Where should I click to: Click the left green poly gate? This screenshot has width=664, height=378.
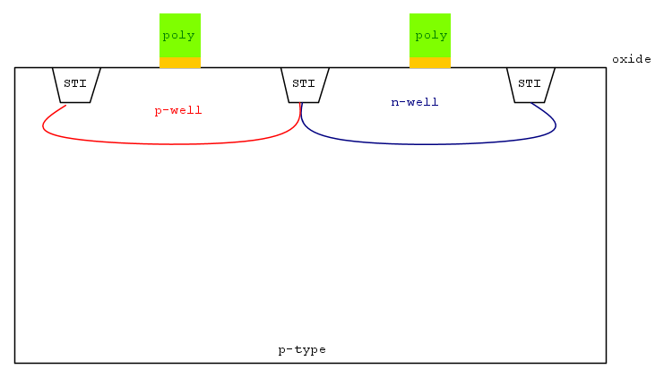click(x=180, y=35)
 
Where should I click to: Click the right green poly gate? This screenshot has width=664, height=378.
click(x=430, y=35)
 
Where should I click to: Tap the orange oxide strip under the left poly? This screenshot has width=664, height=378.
click(x=180, y=62)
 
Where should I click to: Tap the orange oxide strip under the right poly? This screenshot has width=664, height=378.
click(x=430, y=62)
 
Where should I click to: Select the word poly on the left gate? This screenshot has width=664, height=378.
click(x=178, y=36)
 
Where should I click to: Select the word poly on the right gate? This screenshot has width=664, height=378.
click(x=431, y=36)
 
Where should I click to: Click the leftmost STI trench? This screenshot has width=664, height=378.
click(x=76, y=85)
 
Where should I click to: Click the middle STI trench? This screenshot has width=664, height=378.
click(x=305, y=85)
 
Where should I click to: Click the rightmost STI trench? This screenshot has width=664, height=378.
click(x=530, y=85)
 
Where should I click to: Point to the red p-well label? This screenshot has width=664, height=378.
click(x=178, y=111)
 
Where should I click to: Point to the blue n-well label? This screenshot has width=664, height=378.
click(x=415, y=102)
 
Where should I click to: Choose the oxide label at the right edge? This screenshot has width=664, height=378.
click(x=632, y=59)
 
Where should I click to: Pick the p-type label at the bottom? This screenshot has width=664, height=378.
click(x=302, y=350)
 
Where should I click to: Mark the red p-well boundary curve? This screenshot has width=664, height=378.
click(x=171, y=144)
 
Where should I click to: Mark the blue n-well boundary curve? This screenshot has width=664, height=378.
click(x=430, y=144)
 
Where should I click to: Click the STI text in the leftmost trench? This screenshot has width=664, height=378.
click(x=75, y=83)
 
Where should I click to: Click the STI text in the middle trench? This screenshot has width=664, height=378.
click(x=304, y=83)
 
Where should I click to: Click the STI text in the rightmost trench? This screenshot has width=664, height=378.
click(x=530, y=83)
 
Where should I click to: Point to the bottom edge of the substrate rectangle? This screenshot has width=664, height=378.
click(x=310, y=363)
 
